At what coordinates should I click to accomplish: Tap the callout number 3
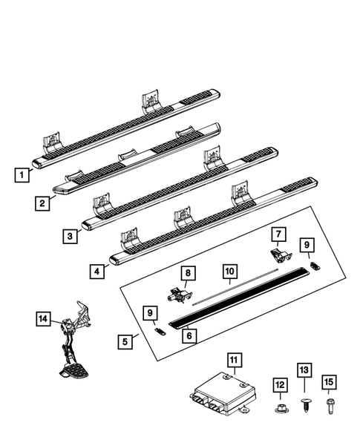tap(70, 236)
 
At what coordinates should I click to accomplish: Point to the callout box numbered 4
tap(98, 271)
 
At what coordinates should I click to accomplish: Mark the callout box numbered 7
tap(278, 235)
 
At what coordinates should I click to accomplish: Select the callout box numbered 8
tap(188, 274)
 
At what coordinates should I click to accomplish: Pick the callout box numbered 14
tap(45, 319)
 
